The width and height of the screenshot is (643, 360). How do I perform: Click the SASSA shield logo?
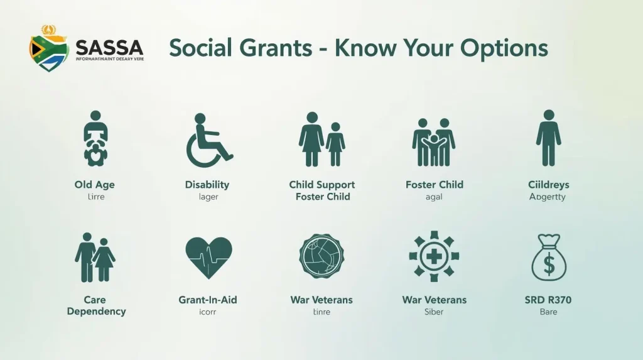pos(48,50)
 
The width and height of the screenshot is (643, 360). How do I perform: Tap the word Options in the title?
pos(504,48)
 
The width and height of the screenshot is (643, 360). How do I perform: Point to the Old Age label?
pos(94,185)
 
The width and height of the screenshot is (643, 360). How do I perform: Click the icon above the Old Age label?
pos(95,139)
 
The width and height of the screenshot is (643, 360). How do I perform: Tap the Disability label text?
pos(207,185)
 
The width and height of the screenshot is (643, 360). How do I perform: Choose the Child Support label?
pos(321,185)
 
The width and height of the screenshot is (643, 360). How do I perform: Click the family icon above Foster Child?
pos(434,142)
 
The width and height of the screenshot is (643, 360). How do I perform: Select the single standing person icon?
pos(548,138)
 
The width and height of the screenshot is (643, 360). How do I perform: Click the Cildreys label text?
pos(548,185)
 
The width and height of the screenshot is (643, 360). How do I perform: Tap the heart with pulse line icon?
pos(209,258)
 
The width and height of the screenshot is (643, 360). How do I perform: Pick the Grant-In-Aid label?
pos(208,300)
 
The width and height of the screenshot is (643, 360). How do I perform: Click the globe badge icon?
pos(321,256)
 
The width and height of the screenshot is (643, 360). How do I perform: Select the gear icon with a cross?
pos(434,256)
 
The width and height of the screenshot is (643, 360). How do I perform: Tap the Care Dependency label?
pos(96,305)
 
